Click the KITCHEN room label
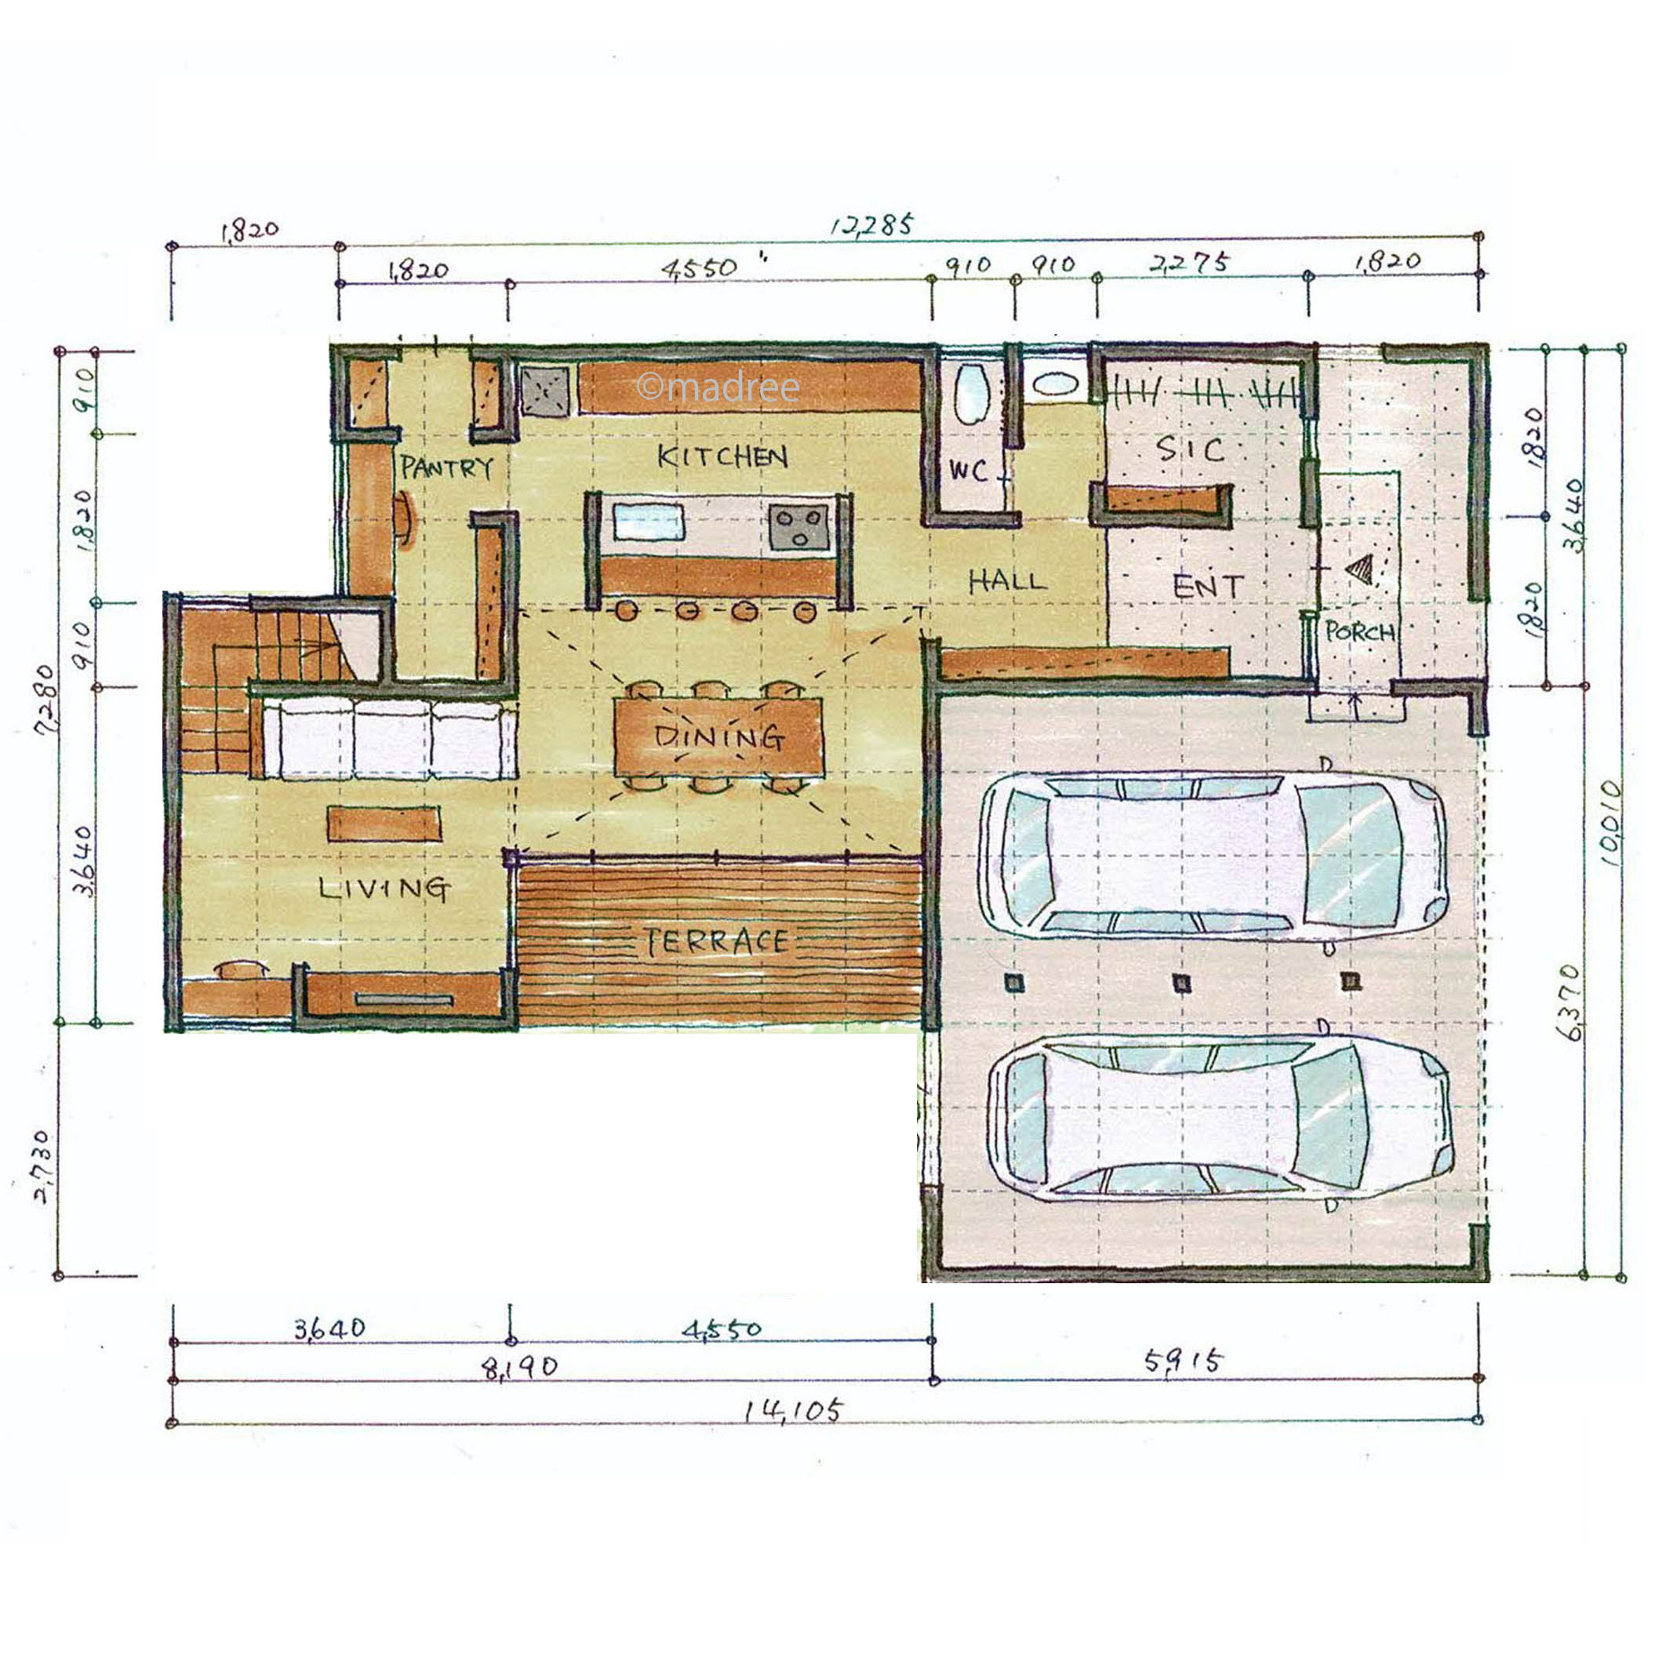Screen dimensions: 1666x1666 pyautogui.click(x=722, y=457)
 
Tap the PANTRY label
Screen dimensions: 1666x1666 pyautogui.click(x=446, y=468)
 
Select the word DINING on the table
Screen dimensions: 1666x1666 pyautogui.click(x=718, y=737)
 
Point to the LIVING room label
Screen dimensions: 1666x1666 pyautogui.click(x=384, y=888)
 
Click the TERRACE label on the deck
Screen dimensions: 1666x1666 pyautogui.click(x=718, y=942)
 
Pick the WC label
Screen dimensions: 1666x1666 pyautogui.click(x=968, y=471)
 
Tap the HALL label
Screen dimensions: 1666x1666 pyautogui.click(x=1006, y=581)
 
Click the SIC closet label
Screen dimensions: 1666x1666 pyautogui.click(x=1190, y=449)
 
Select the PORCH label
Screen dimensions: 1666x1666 pyautogui.click(x=1360, y=632)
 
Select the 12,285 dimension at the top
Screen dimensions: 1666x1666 pyautogui.click(x=871, y=226)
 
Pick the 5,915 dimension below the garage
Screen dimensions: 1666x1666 pyautogui.click(x=1183, y=1362)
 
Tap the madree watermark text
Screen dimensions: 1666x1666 pyautogui.click(x=718, y=387)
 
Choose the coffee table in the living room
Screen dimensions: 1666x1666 pyautogui.click(x=384, y=823)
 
